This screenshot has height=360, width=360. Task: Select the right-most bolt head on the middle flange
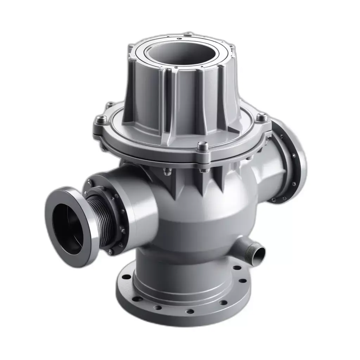(x=261, y=116)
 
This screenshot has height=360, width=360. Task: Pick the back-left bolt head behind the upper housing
(x=110, y=105)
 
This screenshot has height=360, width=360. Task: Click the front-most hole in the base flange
(x=190, y=311)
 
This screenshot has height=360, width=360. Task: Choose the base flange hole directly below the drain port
(x=242, y=281)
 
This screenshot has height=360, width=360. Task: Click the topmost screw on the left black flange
(x=90, y=182)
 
